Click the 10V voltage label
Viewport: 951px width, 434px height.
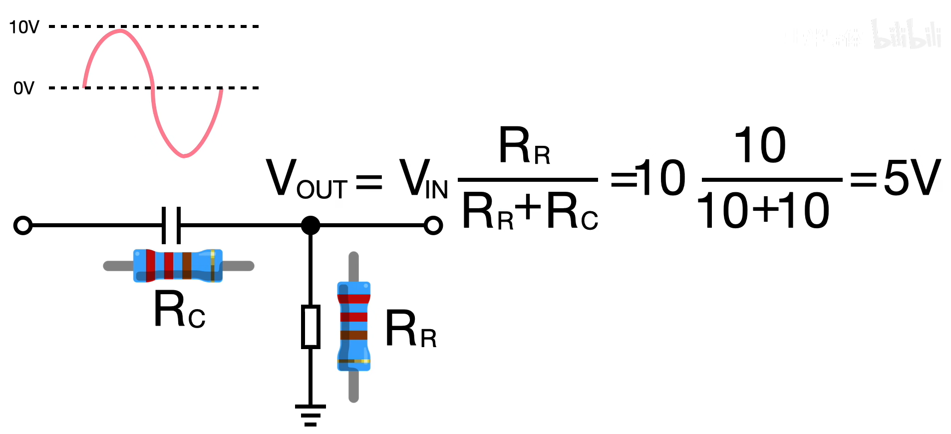24,27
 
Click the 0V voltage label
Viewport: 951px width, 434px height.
23,88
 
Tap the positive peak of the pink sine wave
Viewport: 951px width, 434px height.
120,31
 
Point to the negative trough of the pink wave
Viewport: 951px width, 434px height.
184,156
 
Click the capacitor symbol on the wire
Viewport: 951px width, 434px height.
171,225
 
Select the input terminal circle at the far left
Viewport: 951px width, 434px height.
23,225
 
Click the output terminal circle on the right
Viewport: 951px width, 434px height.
433,225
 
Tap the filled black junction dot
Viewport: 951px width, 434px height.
311,225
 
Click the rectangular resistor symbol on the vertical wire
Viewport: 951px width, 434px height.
311,327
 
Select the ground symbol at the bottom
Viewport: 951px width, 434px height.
311,415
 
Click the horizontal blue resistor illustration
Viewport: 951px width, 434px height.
178,266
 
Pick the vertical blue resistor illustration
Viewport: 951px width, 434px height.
353,327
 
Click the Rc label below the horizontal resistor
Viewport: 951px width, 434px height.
179,310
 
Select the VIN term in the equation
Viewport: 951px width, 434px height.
423,179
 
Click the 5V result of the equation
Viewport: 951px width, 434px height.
912,178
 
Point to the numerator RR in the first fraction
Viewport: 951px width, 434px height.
524,146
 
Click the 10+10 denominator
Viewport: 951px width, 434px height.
763,211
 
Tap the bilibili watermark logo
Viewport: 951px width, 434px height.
906,35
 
